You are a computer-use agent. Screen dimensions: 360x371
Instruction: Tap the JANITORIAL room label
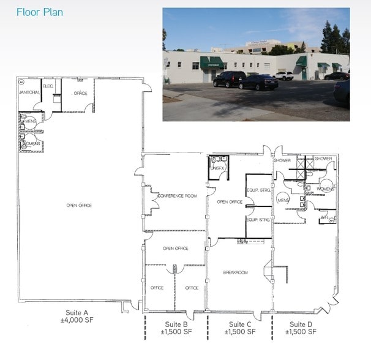29,92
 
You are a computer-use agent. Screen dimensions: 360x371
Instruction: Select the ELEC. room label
48,86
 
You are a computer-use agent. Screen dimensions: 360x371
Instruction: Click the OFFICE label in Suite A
80,93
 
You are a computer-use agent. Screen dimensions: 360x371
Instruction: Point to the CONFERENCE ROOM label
177,196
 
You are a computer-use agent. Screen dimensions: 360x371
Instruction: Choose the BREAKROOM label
235,272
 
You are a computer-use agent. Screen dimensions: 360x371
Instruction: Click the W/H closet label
324,217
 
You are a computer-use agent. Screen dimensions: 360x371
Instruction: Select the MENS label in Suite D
283,200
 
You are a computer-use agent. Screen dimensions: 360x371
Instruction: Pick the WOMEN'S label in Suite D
325,189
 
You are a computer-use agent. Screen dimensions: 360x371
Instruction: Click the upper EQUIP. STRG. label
258,190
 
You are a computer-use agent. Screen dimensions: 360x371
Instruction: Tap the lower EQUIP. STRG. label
258,219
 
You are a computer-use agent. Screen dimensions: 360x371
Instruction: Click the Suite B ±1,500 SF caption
176,328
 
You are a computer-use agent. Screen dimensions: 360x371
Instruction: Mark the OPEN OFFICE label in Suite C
230,201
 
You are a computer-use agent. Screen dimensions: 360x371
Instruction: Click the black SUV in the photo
230,79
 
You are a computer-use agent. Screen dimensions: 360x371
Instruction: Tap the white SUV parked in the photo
283,75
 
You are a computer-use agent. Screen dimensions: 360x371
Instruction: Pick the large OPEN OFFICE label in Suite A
79,205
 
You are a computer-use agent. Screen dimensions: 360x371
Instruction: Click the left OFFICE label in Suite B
157,288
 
